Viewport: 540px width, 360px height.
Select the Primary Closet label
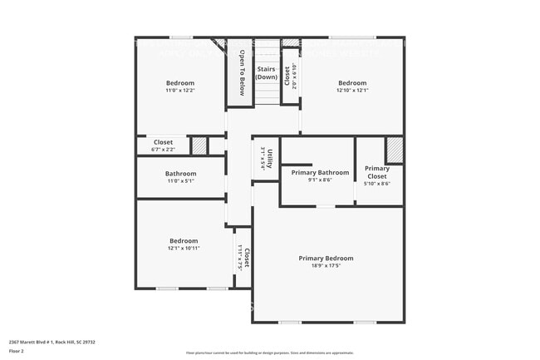(x=377, y=172)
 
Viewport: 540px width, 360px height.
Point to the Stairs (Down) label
(x=266, y=73)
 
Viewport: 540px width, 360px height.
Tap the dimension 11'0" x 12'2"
(x=180, y=90)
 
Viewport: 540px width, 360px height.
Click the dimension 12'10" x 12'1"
(x=352, y=90)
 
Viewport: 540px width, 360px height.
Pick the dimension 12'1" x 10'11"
(x=184, y=248)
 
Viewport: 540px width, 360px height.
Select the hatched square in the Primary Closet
(x=395, y=150)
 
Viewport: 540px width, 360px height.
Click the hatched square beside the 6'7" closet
(x=199, y=145)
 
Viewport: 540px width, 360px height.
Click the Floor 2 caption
(x=17, y=350)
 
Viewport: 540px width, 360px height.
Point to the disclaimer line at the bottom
(x=270, y=354)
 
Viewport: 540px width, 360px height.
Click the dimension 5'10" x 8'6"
(x=377, y=183)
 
